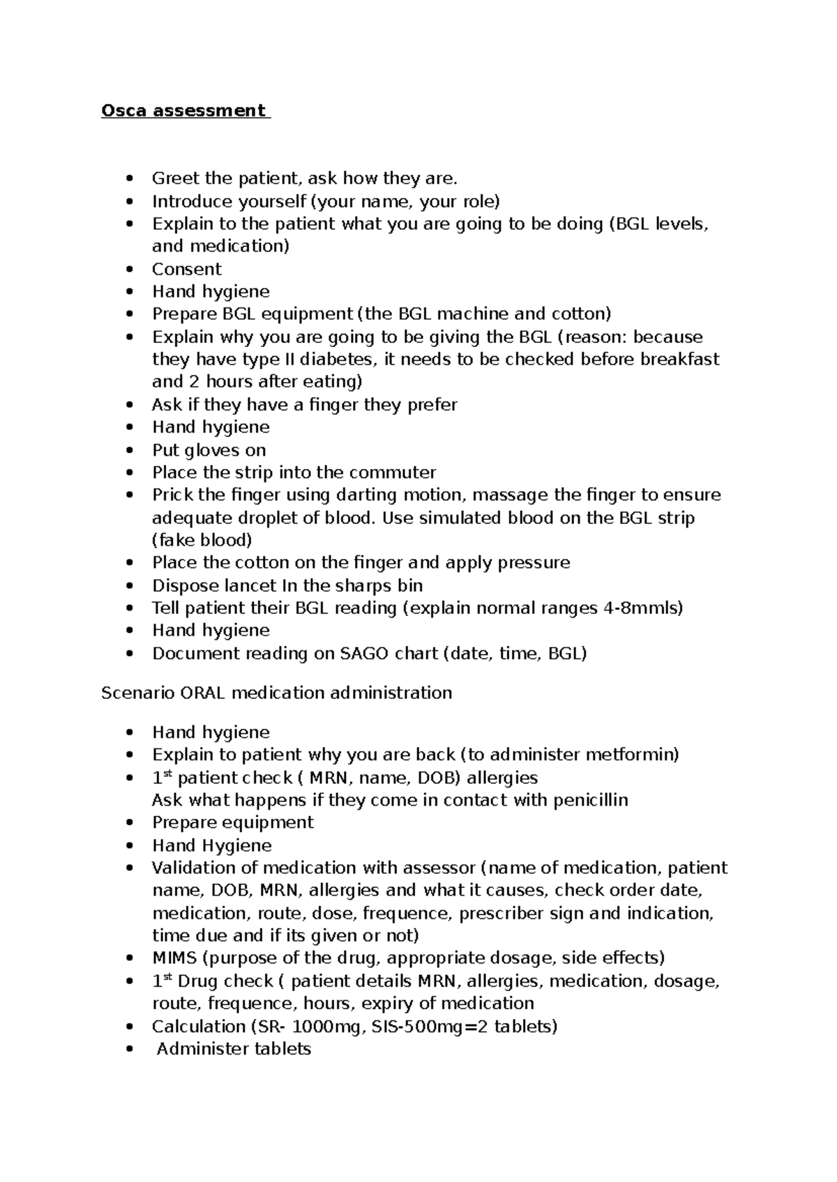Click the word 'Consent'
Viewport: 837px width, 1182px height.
click(x=187, y=269)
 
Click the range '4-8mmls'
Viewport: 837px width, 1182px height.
click(x=642, y=608)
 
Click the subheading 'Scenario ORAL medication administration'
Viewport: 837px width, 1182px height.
click(x=276, y=693)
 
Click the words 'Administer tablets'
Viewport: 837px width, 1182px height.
click(x=234, y=1049)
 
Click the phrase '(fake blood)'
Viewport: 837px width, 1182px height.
click(x=202, y=540)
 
